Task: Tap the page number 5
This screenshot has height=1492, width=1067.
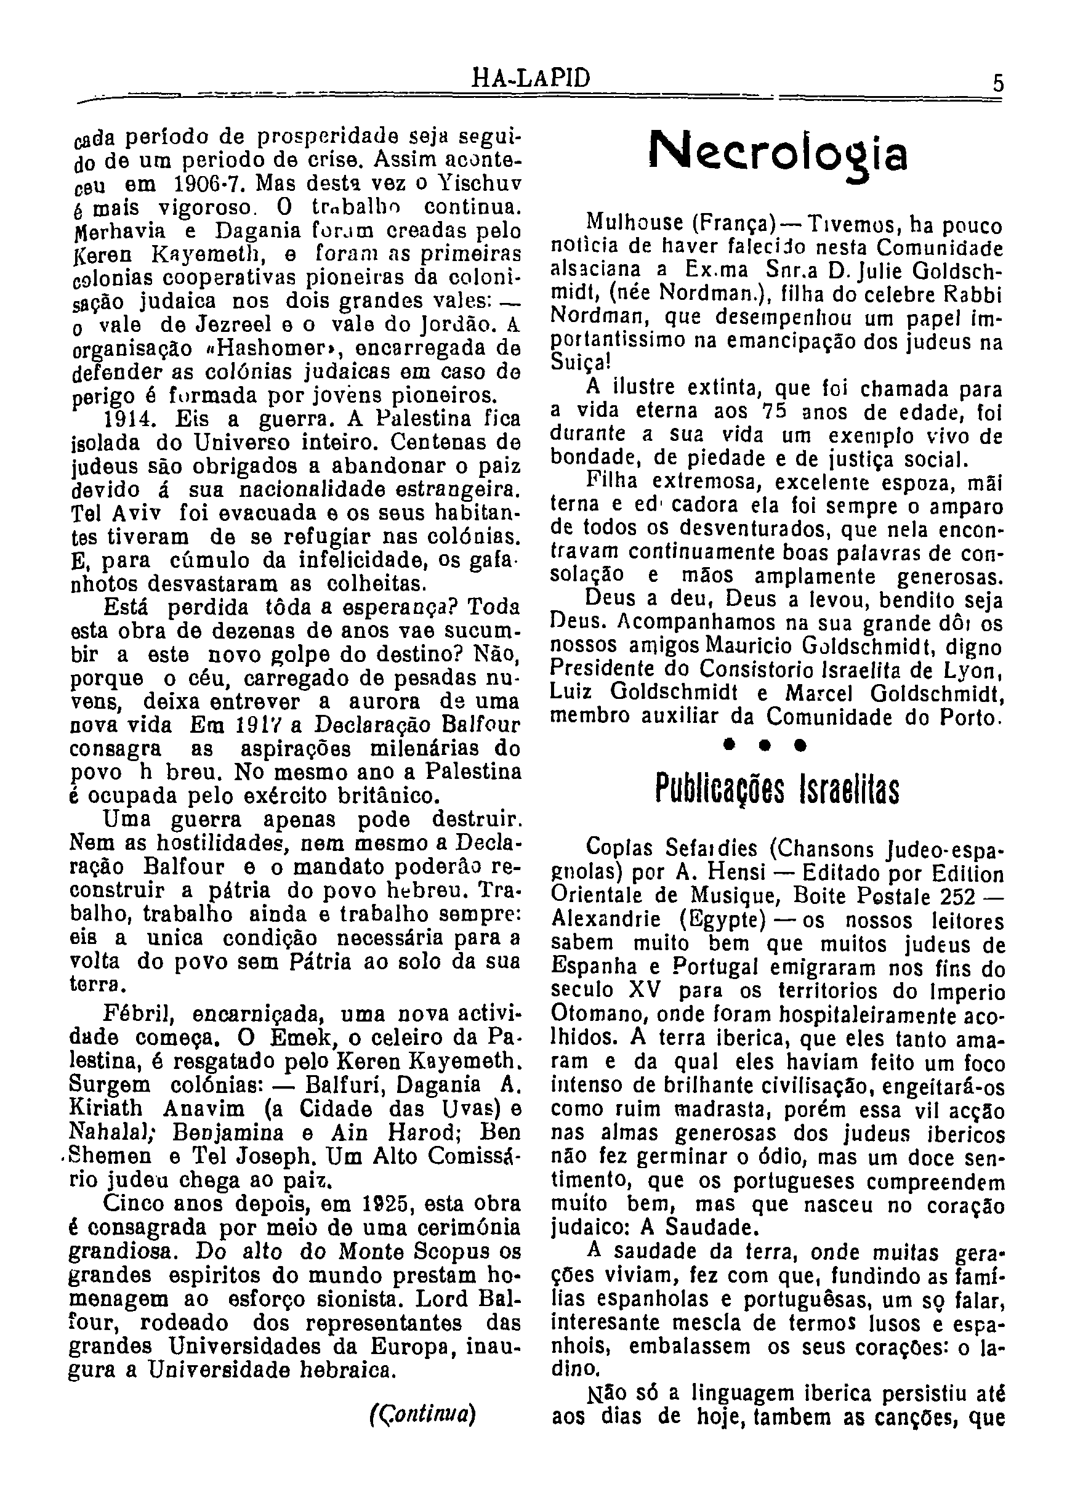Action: pos(998,84)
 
